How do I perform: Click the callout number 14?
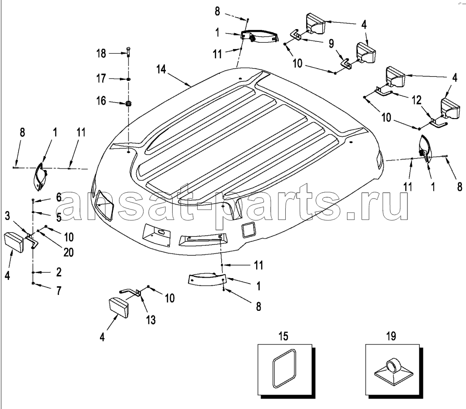(x=161, y=70)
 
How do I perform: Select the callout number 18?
(x=101, y=54)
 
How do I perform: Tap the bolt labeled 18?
(x=129, y=52)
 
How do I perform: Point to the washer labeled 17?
(x=129, y=79)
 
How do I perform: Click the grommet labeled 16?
(x=129, y=104)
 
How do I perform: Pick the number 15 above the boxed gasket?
(x=283, y=336)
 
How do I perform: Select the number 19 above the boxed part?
(x=391, y=336)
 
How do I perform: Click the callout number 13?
(x=151, y=320)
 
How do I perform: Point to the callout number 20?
(x=68, y=252)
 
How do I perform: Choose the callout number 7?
(x=59, y=290)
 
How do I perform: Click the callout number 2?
(x=59, y=272)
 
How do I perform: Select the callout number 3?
(x=7, y=216)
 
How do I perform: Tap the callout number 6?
(x=59, y=197)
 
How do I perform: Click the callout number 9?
(x=331, y=44)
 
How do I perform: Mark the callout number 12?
(x=416, y=100)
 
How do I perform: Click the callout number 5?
(x=59, y=217)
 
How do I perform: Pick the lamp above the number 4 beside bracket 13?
(x=119, y=308)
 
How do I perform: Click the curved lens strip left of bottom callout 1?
(x=207, y=279)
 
